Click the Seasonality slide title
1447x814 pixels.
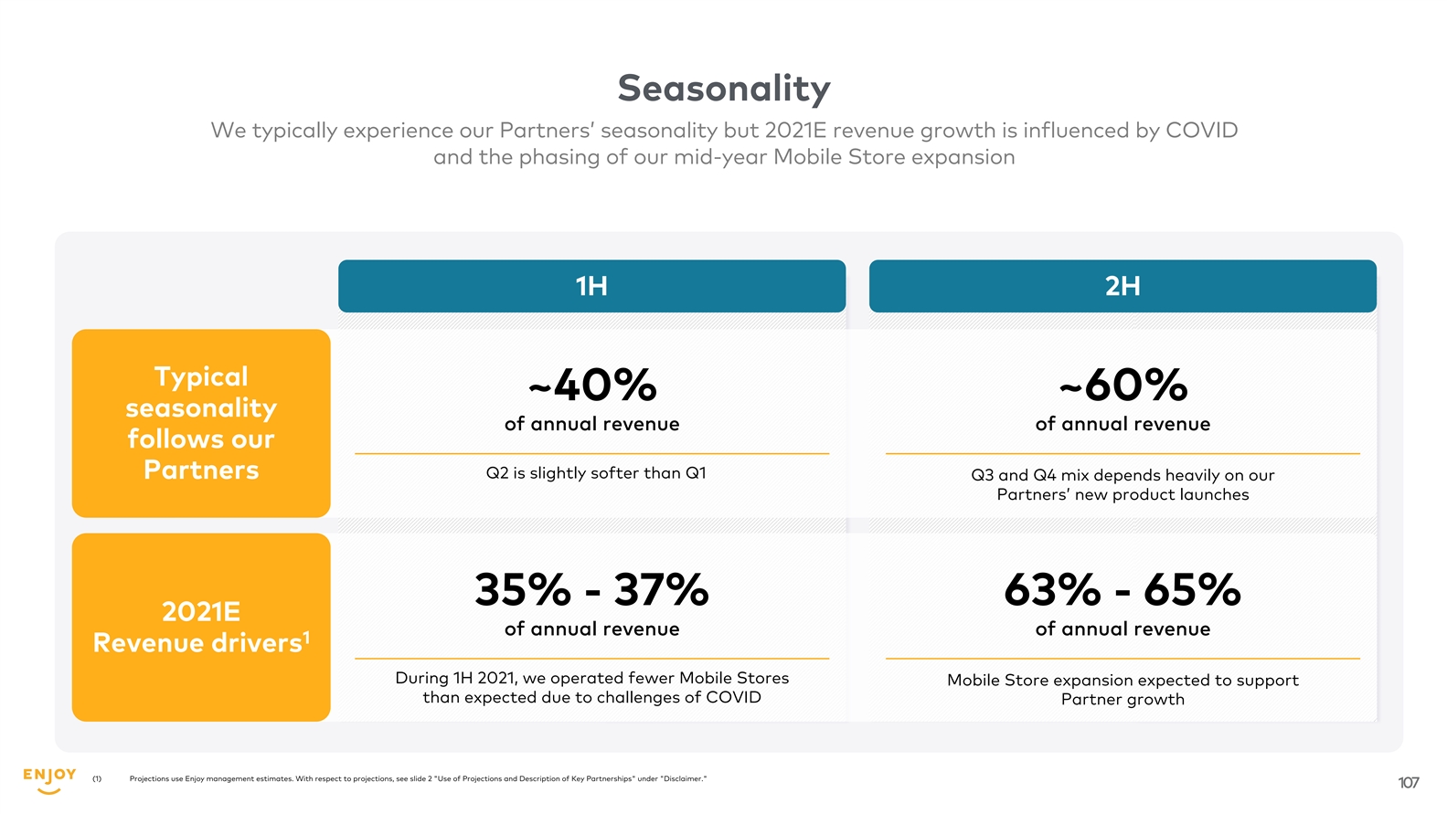pos(723,89)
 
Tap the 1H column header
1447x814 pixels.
pos(591,286)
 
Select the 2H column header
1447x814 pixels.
pos(1122,286)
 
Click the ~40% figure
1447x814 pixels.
pos(592,385)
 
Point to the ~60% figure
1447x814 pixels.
pos(1122,385)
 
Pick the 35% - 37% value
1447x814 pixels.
pos(591,590)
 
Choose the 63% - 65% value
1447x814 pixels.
pos(1122,590)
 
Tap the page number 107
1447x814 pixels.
pos(1408,783)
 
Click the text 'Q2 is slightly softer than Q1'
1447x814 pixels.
pos(596,473)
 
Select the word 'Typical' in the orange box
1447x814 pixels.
pos(201,376)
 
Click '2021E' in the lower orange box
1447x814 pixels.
pos(201,611)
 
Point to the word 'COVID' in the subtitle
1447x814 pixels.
pos(1201,131)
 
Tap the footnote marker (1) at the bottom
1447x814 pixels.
pos(97,779)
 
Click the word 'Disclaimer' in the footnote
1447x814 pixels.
pos(683,779)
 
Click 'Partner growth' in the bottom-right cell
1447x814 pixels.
pos(1122,700)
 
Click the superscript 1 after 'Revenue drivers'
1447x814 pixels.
pos(307,636)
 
